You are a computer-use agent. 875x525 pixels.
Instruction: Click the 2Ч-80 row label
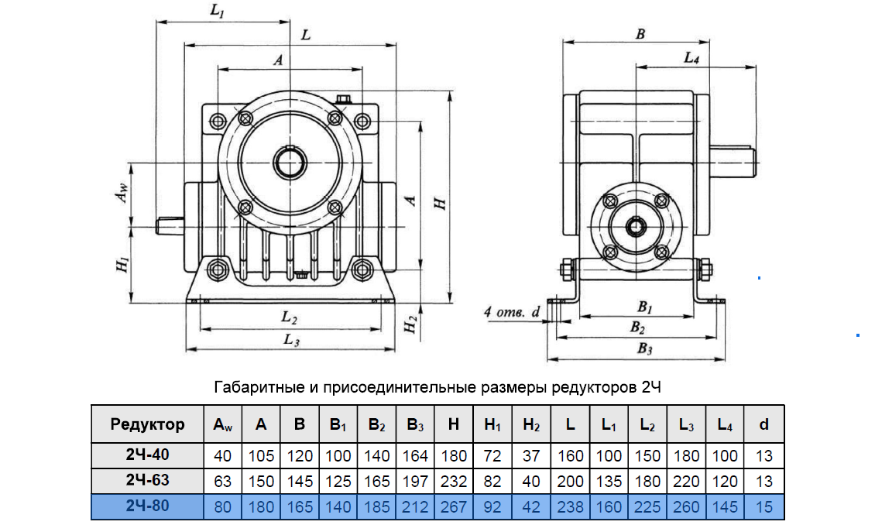[x=147, y=506]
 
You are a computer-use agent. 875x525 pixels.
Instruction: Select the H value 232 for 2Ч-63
[x=454, y=481]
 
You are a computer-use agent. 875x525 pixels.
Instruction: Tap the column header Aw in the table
[x=223, y=425]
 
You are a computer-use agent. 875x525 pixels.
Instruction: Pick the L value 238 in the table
[x=570, y=506]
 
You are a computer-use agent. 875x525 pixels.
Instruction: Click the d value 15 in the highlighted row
[x=764, y=506]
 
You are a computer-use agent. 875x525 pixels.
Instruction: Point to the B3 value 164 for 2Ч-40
[x=415, y=456]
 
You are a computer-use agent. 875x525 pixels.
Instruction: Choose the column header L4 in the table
[x=725, y=425]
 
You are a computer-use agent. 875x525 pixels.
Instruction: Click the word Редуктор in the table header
[x=147, y=424]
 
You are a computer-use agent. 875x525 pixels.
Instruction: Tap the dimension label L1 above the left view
[x=217, y=11]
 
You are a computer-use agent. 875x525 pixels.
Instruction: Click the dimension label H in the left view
[x=441, y=203]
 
